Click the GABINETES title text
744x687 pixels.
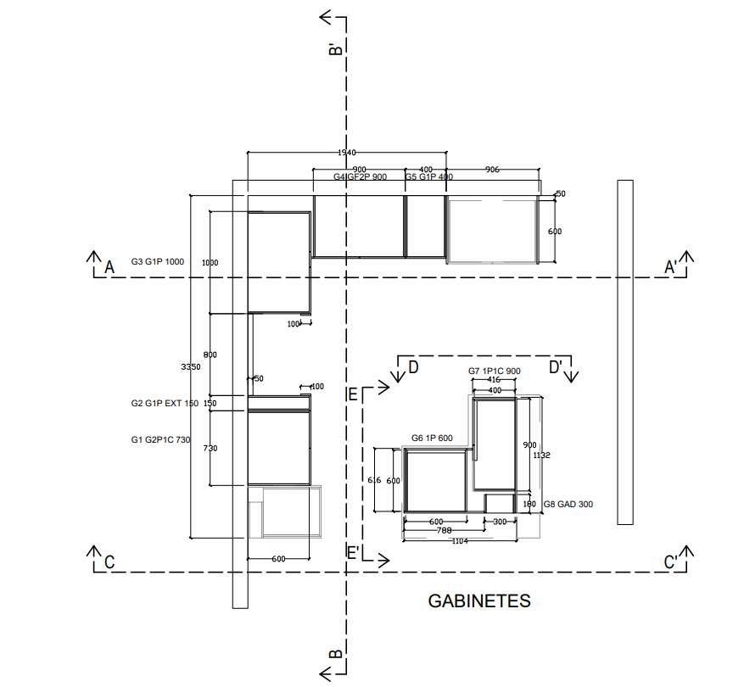[479, 601]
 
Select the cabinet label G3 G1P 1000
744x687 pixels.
[157, 262]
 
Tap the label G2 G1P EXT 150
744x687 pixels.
[164, 404]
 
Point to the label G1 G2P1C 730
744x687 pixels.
[160, 439]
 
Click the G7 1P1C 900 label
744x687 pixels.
[495, 371]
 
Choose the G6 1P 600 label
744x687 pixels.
[432, 438]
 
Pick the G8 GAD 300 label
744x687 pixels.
[568, 505]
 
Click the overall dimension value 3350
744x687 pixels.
[191, 366]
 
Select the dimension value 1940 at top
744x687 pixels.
[346, 153]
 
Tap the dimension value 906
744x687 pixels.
[492, 170]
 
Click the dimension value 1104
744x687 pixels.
[459, 541]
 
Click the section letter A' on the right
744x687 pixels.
[670, 268]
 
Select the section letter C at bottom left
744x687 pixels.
[109, 562]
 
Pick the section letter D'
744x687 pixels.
[556, 367]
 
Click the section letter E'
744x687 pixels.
[353, 552]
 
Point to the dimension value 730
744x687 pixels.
[210, 449]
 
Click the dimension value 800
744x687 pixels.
[210, 355]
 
